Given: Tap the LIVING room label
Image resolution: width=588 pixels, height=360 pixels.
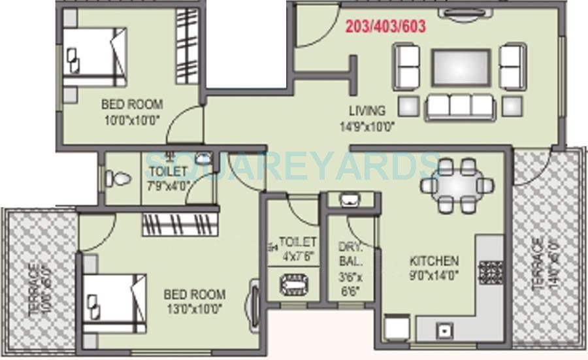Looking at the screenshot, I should click(x=367, y=110).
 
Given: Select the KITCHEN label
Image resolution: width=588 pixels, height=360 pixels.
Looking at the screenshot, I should click(x=434, y=260).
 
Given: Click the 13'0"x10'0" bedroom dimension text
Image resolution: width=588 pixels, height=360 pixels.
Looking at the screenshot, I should click(x=194, y=308).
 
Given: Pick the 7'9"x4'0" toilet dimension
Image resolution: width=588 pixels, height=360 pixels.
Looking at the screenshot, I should click(x=168, y=185).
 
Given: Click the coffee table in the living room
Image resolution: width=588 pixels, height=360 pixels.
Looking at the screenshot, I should click(x=461, y=68).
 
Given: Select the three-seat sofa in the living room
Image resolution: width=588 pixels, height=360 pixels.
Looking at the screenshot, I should click(x=461, y=106).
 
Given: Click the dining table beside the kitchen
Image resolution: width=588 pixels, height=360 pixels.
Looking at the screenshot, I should click(x=456, y=185).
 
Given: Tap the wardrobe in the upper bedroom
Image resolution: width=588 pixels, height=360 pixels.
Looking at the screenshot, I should click(x=186, y=46).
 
